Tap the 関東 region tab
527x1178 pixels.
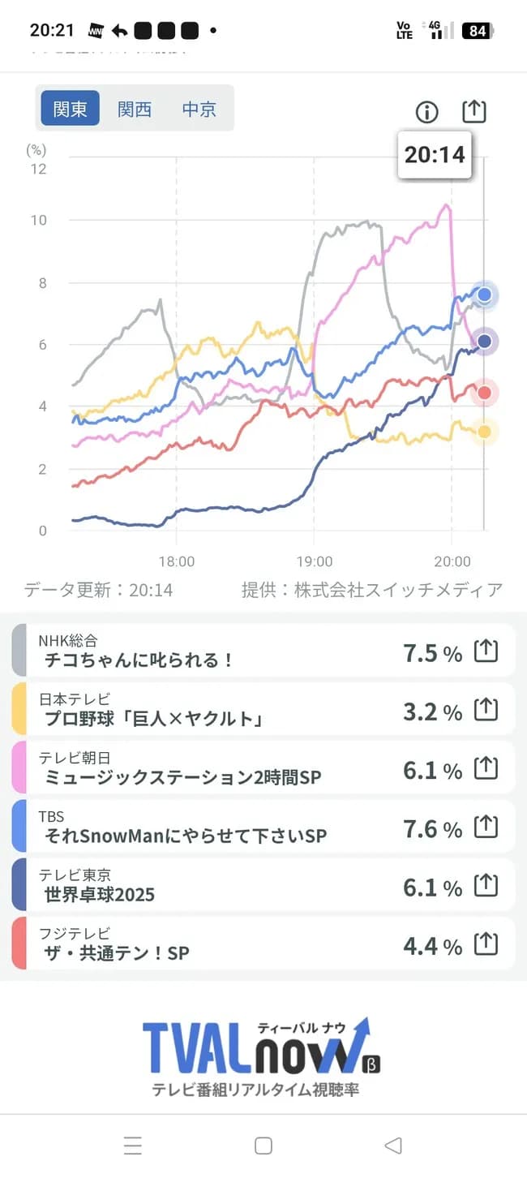(70, 109)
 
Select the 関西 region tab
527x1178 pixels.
(135, 109)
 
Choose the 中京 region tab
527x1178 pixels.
(199, 109)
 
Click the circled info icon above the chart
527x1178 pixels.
(426, 112)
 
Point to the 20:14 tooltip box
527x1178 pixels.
(435, 154)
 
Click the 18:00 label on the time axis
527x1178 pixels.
(177, 561)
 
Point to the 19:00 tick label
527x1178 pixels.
(315, 561)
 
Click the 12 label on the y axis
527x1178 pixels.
(38, 169)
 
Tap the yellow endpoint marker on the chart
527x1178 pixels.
(484, 432)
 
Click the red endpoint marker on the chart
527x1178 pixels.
(485, 393)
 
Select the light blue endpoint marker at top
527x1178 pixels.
(485, 294)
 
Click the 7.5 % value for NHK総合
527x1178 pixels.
(432, 653)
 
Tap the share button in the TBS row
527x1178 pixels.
(485, 827)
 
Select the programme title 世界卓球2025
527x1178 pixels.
(100, 894)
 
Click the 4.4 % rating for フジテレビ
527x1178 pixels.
(432, 946)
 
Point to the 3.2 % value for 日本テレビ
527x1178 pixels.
(432, 712)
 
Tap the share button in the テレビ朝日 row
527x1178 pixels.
(485, 767)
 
